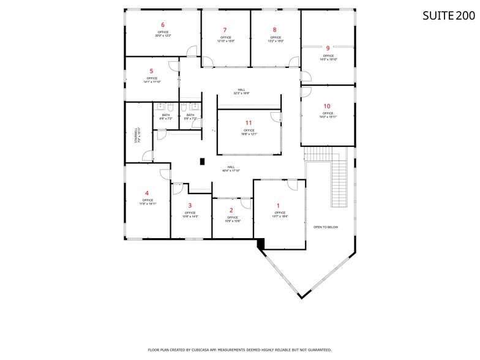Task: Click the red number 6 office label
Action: point(163,25)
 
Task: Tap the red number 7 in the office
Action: point(225,30)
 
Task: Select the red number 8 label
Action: point(274,30)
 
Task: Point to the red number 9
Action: point(328,48)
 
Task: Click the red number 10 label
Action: point(327,107)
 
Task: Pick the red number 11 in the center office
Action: point(248,123)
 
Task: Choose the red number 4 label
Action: point(147,193)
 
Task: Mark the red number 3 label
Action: point(190,206)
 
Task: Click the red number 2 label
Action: point(231,211)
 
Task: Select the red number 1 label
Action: point(279,206)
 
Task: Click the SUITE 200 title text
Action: point(448,16)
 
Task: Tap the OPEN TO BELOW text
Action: point(326,227)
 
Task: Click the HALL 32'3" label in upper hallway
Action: point(241,92)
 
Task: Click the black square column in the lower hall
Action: point(201,162)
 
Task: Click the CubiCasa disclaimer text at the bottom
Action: point(240,350)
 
